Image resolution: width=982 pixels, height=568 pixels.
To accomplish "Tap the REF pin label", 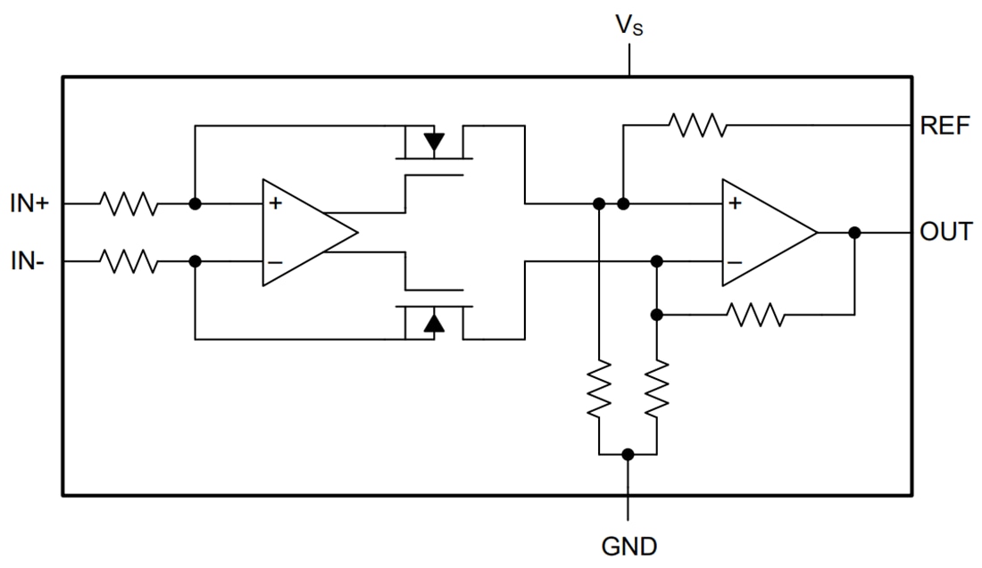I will click(x=944, y=126).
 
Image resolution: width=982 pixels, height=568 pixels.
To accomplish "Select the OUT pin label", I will click(x=945, y=233).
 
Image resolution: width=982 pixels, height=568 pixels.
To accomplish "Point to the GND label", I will click(x=628, y=544).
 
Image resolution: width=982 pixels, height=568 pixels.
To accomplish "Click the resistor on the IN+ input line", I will click(x=129, y=204).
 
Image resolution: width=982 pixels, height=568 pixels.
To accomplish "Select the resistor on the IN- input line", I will click(x=129, y=262).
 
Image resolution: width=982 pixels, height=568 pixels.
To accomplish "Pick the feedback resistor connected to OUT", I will click(x=755, y=315).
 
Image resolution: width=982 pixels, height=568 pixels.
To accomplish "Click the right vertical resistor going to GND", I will click(x=657, y=388).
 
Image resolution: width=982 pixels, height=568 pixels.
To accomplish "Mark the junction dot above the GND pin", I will click(x=628, y=454).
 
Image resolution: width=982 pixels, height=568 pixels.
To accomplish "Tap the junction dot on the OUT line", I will click(x=854, y=233).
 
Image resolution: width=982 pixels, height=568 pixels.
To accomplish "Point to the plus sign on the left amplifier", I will click(x=275, y=204).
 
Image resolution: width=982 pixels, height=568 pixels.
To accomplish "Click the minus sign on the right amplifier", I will click(x=735, y=262).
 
